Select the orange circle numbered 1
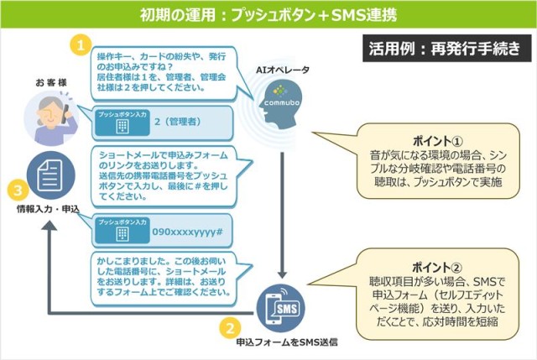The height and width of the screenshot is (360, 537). click(x=80, y=44)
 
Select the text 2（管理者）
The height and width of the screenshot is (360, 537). click(x=176, y=122)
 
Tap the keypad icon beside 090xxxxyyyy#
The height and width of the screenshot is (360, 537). click(x=123, y=234)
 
